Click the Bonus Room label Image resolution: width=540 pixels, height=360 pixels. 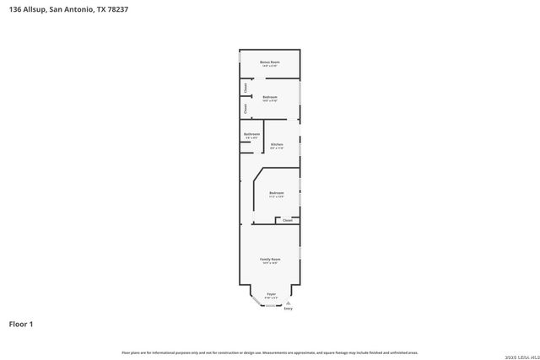click(x=269, y=62)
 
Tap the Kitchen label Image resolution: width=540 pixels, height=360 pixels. click(x=277, y=144)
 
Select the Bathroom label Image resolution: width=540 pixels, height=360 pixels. click(x=251, y=134)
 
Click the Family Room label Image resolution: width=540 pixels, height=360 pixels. click(x=270, y=258)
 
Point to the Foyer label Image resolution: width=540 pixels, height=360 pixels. click(x=271, y=293)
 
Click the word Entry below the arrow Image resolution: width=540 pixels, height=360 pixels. click(x=289, y=309)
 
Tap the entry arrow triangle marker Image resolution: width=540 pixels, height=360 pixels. click(x=289, y=303)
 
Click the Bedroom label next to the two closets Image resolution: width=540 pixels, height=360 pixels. click(x=270, y=97)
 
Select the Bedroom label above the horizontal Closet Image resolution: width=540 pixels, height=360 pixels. click(x=277, y=193)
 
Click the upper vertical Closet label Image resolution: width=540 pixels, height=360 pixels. click(x=245, y=87)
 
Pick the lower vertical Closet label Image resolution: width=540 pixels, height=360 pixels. click(x=245, y=108)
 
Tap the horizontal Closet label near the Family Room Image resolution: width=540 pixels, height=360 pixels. click(x=288, y=221)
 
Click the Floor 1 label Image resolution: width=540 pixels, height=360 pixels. click(x=21, y=323)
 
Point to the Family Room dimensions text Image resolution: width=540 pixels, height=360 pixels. click(x=270, y=262)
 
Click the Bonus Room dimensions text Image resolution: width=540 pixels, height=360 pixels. click(x=269, y=66)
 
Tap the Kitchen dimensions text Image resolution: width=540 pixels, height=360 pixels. click(x=277, y=148)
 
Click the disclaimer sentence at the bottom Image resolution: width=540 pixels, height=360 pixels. click(x=270, y=352)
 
